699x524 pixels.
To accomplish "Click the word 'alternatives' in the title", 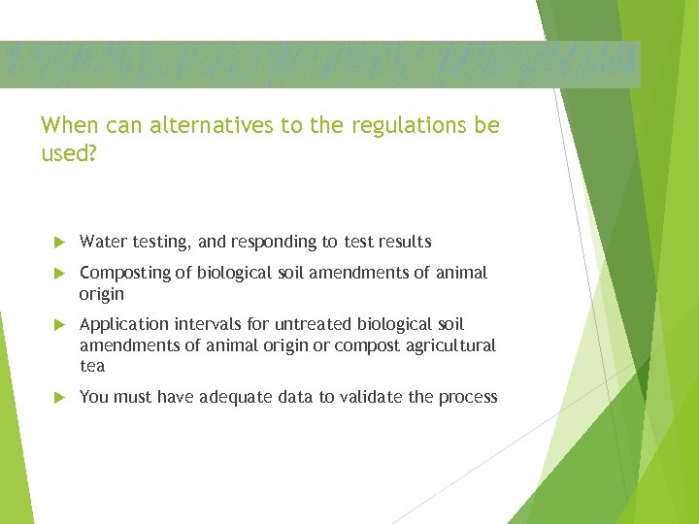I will [x=199, y=126].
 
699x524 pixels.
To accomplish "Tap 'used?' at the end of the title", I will [x=69, y=153].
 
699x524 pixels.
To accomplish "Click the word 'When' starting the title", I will [x=64, y=126].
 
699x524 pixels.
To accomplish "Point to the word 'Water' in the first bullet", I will [x=101, y=242].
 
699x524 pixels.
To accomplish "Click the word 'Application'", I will [x=123, y=324].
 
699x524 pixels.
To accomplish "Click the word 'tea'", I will [x=92, y=366].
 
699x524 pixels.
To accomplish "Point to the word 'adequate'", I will [x=236, y=397].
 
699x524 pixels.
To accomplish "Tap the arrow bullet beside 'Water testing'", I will [x=58, y=242].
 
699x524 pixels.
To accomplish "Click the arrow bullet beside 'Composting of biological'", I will [x=58, y=274].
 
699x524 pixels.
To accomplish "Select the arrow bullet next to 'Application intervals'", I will [x=58, y=324].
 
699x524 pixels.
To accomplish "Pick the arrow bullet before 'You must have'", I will [x=58, y=397].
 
